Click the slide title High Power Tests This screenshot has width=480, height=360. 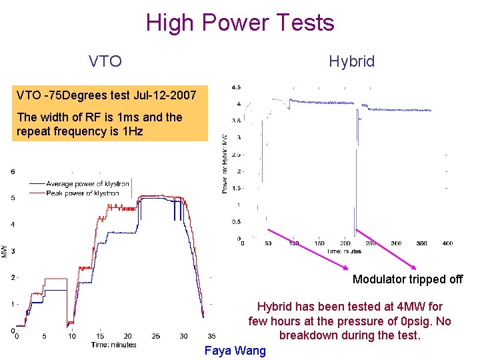[240, 23]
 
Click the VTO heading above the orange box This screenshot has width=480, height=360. [105, 62]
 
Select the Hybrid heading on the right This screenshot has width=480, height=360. [351, 62]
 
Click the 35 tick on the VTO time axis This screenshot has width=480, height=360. [211, 336]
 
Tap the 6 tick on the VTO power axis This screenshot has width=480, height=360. [13, 171]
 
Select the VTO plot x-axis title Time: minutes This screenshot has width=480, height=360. [114, 345]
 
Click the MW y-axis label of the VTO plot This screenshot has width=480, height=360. [5, 251]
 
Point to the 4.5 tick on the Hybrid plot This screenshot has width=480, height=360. [236, 87]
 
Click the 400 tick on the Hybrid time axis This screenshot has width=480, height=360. [447, 244]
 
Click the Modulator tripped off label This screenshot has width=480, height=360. [407, 279]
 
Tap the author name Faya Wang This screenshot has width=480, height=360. [235, 351]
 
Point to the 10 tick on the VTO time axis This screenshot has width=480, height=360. [72, 336]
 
